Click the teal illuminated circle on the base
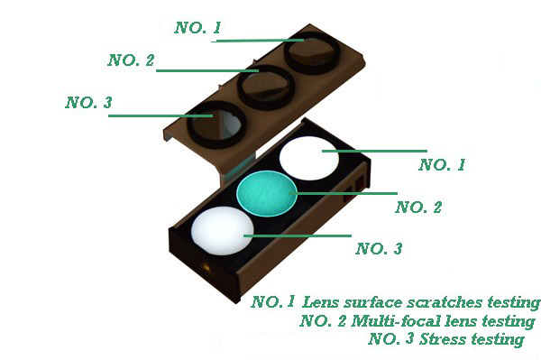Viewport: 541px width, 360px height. [x=266, y=193]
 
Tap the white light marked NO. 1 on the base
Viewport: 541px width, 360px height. [x=309, y=157]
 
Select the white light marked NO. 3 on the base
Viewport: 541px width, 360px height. [x=223, y=231]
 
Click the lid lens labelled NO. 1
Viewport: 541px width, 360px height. [x=312, y=53]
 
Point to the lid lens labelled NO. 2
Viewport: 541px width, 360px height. [x=266, y=88]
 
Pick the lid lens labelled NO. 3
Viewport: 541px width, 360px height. [x=216, y=125]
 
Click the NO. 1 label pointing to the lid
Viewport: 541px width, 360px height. [x=197, y=28]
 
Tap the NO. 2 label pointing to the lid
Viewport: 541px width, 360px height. [x=131, y=60]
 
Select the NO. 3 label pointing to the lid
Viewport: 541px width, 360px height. [x=89, y=103]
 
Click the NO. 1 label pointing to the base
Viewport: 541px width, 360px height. [x=442, y=164]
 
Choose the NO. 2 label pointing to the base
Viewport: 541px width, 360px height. [x=418, y=208]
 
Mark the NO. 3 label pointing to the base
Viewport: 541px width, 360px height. [x=379, y=248]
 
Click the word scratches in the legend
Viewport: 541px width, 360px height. [x=445, y=302]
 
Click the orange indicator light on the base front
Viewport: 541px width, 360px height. [x=206, y=267]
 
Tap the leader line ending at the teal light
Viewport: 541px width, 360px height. [x=345, y=193]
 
